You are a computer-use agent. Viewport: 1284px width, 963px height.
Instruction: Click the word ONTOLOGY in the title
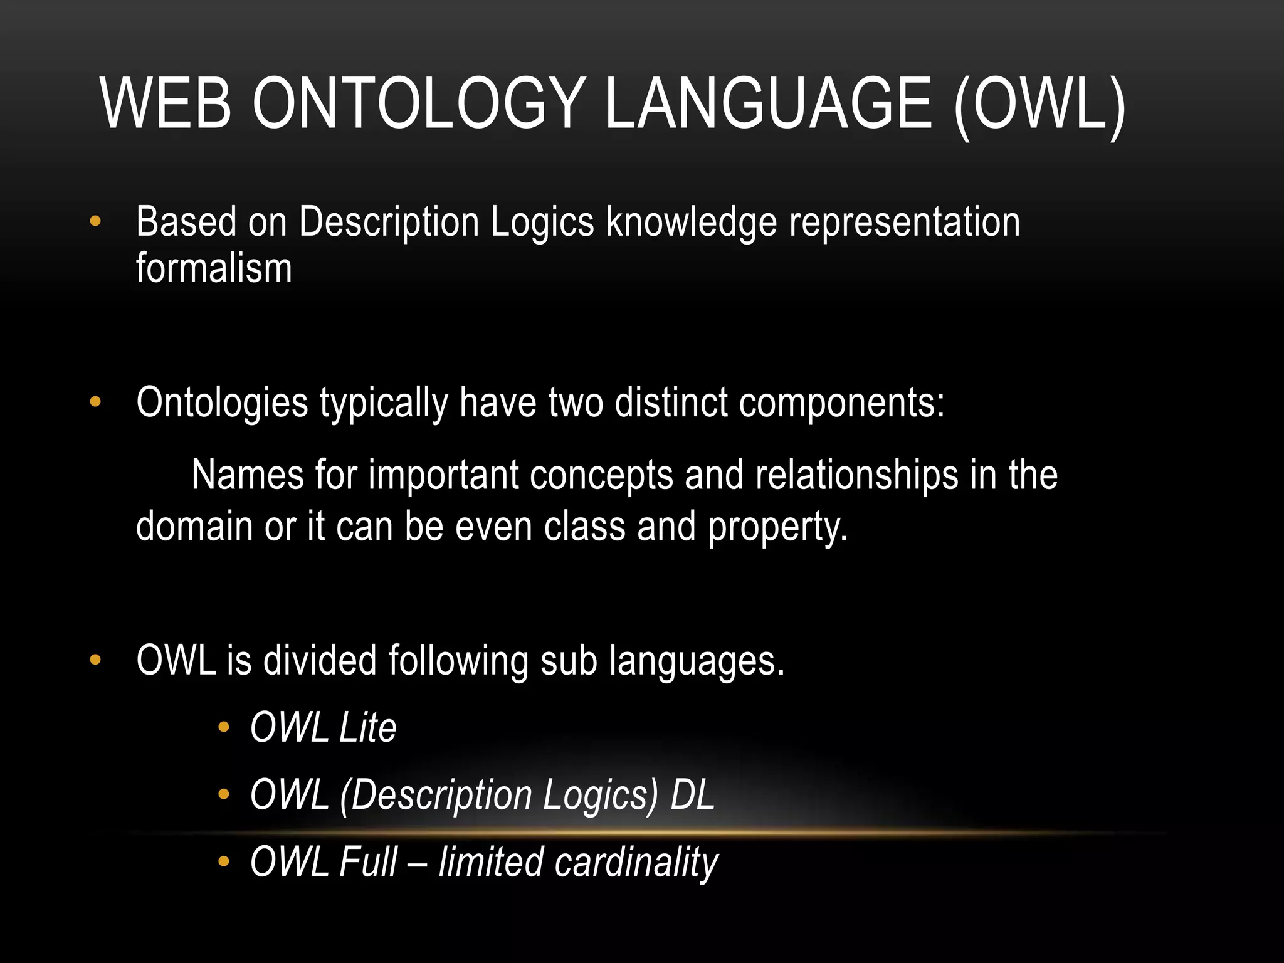tap(416, 104)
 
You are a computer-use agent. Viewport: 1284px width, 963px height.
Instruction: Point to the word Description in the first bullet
tap(389, 223)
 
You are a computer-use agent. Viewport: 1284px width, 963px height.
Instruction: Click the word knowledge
tap(691, 223)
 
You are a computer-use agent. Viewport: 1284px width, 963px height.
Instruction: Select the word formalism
tap(214, 268)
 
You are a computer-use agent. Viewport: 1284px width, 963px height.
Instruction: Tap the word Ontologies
tap(222, 403)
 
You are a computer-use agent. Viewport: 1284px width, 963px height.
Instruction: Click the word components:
tap(841, 403)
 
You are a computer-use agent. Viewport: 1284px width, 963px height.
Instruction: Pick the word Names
tap(247, 475)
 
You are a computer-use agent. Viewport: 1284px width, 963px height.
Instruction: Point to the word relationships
tap(856, 475)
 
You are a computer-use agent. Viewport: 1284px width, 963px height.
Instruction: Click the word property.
tap(777, 527)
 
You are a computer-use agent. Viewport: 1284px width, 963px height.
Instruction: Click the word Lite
tap(367, 728)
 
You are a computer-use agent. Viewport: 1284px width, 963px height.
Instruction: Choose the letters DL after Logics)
tap(692, 795)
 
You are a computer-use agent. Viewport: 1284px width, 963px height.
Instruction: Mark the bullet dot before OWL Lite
tap(223, 728)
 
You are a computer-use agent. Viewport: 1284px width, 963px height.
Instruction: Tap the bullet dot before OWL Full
tap(223, 862)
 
